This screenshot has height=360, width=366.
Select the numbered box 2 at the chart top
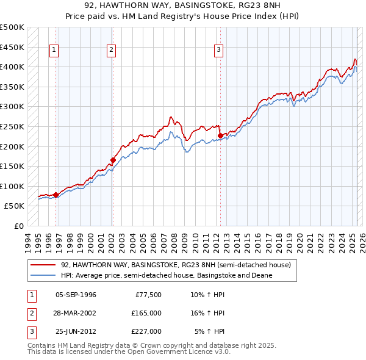point(112,51)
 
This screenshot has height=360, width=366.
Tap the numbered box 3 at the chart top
point(218,51)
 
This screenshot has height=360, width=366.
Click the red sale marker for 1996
point(56,195)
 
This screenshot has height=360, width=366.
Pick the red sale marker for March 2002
point(113,160)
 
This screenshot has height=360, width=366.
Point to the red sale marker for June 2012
point(220,135)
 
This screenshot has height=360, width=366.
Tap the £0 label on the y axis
point(20,226)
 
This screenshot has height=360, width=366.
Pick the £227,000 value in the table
point(146,331)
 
